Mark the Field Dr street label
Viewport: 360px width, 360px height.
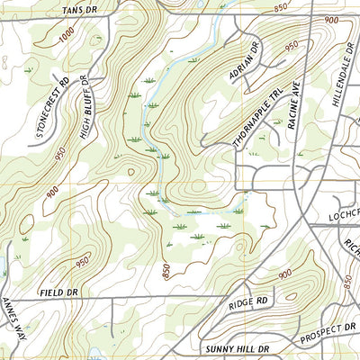(60, 292)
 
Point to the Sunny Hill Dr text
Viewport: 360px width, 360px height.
(238, 346)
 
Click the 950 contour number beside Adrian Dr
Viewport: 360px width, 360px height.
(290, 43)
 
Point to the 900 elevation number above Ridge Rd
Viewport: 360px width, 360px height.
(285, 274)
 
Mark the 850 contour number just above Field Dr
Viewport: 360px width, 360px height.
(166, 270)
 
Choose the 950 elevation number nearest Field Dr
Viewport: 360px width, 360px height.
(82, 263)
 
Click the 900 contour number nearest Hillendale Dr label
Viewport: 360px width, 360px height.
(332, 20)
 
